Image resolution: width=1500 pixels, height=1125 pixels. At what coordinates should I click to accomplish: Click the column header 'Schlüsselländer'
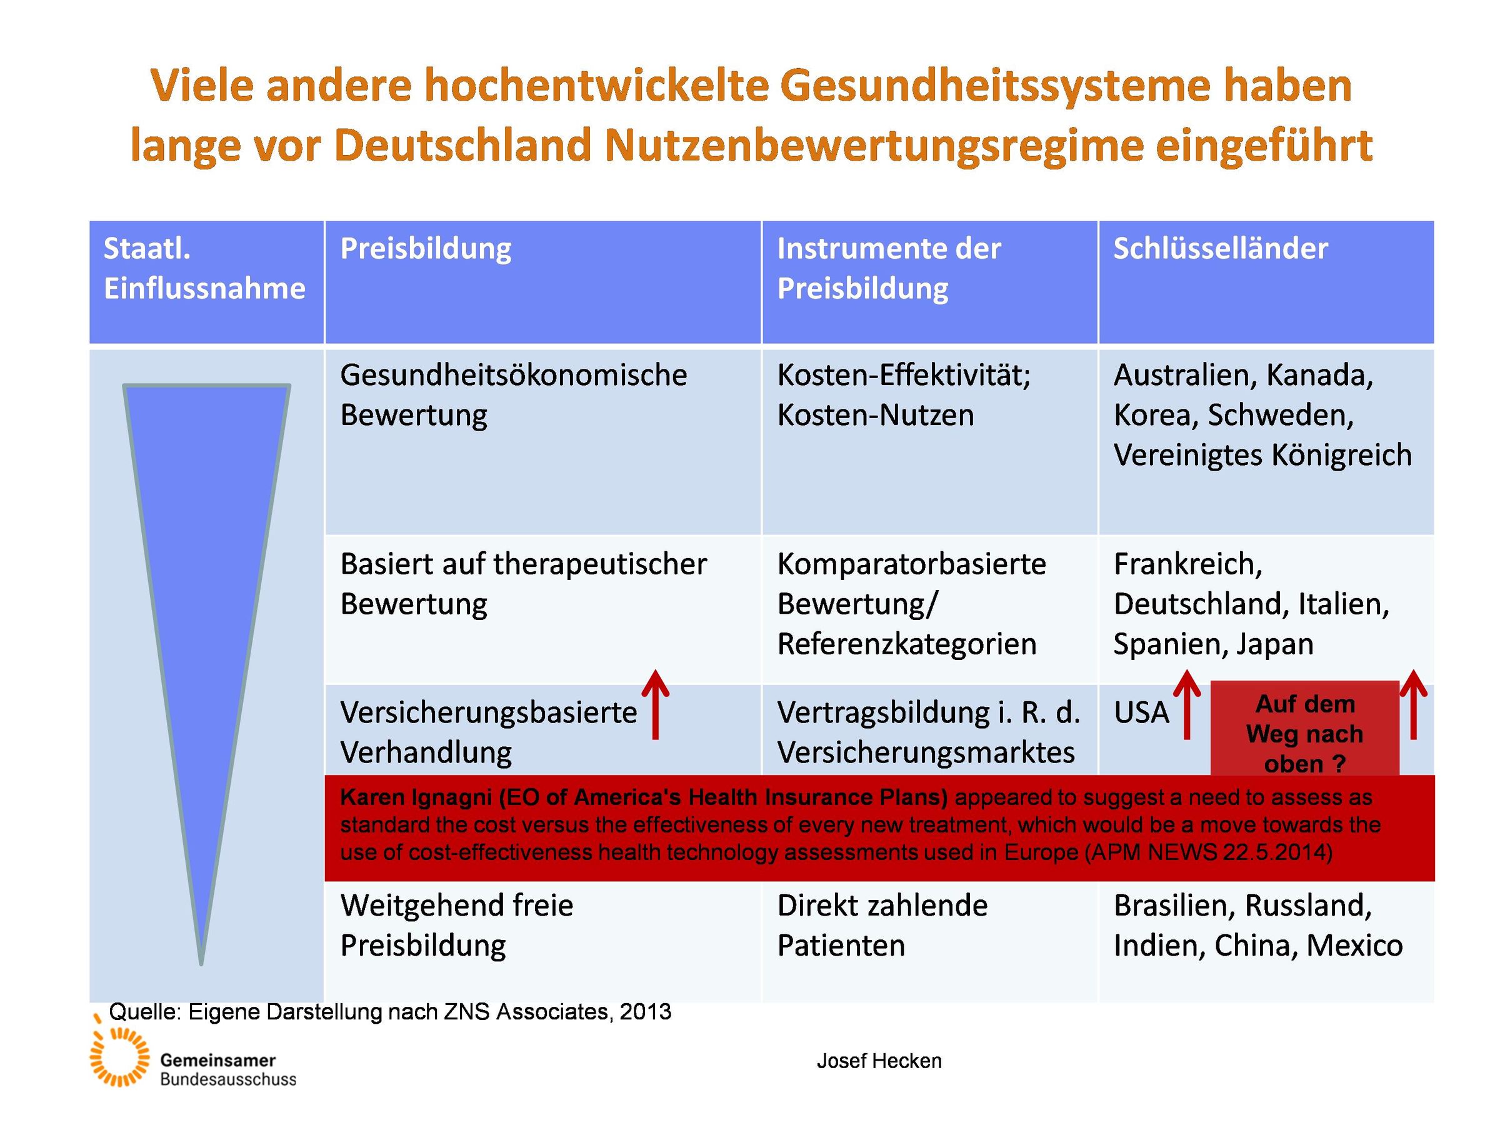coord(1220,249)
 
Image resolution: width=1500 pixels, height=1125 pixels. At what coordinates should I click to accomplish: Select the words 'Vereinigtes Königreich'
coord(1262,455)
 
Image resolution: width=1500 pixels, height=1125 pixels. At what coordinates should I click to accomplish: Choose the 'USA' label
coord(1141,712)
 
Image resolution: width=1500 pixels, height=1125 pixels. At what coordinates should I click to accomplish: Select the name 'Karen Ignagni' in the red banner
coord(416,797)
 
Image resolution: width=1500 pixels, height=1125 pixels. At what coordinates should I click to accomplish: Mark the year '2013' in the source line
coord(645,1012)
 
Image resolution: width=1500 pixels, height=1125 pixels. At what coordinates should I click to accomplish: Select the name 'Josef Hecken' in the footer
coord(879,1061)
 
